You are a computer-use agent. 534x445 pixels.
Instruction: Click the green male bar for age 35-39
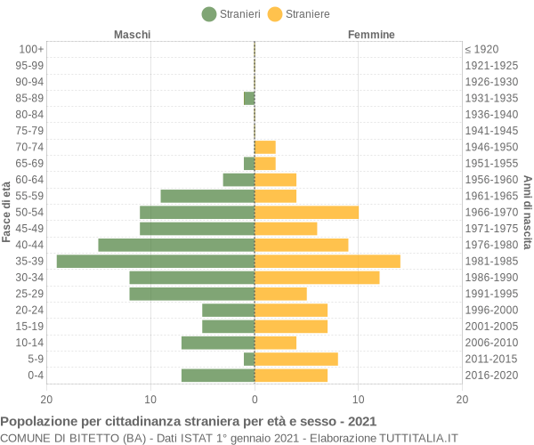pyautogui.click(x=156, y=261)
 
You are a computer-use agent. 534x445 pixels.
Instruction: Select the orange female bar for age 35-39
pyautogui.click(x=328, y=261)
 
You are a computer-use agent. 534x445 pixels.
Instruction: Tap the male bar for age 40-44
pyautogui.click(x=176, y=245)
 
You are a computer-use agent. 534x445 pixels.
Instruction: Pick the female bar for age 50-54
pyautogui.click(x=306, y=212)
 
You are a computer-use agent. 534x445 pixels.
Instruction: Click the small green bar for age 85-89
pyautogui.click(x=249, y=98)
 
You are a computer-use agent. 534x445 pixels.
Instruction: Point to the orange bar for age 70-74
pyautogui.click(x=265, y=147)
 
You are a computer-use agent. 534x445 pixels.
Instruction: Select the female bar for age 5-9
pyautogui.click(x=296, y=359)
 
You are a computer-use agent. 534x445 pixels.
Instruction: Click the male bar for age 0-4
pyautogui.click(x=218, y=375)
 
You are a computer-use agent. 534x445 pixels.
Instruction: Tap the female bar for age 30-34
pyautogui.click(x=317, y=278)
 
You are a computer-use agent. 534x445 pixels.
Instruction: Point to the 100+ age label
pyautogui.click(x=31, y=49)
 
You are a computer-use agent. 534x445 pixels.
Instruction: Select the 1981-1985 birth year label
pyautogui.click(x=491, y=261)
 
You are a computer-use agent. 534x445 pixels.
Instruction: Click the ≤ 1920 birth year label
pyautogui.click(x=481, y=49)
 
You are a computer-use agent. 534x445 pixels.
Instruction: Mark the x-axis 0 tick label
pyautogui.click(x=255, y=400)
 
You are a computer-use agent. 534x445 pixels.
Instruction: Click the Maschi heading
pyautogui.click(x=132, y=35)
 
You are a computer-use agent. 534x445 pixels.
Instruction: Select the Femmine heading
pyautogui.click(x=371, y=35)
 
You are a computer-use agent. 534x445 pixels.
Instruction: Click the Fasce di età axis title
pyautogui.click(x=7, y=212)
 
